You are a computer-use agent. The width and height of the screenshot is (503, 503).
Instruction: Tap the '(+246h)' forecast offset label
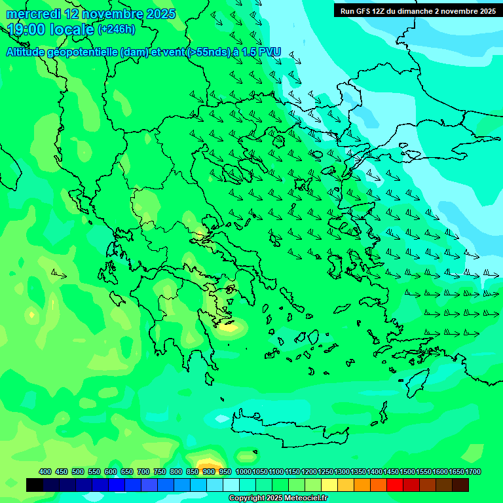pyautogui.click(x=117, y=29)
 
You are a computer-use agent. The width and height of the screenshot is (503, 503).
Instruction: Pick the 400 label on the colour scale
pyautogui.click(x=45, y=472)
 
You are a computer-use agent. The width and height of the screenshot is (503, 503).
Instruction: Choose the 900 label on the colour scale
pyautogui.click(x=209, y=472)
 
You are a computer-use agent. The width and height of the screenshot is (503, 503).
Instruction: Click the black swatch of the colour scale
pyautogui.click(x=35, y=485)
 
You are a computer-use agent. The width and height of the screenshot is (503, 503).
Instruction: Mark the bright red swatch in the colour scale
pyautogui.click(x=395, y=485)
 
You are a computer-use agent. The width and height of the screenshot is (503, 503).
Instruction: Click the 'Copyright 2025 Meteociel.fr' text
pyautogui.click(x=278, y=498)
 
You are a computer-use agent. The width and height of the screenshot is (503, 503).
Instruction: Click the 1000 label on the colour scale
pyautogui.click(x=243, y=472)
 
